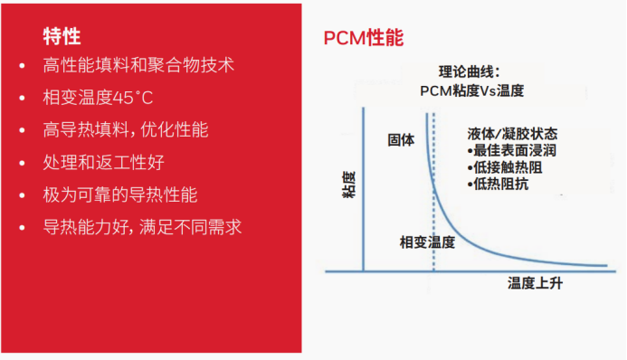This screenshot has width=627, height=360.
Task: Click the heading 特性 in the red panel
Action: pyautogui.click(x=62, y=36)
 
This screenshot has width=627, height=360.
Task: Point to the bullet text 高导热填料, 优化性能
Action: pyautogui.click(x=126, y=130)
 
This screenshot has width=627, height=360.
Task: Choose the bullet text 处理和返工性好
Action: pyautogui.click(x=103, y=163)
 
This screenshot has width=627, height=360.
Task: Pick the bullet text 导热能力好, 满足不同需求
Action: pyautogui.click(x=142, y=228)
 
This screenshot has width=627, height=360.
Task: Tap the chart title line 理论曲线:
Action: pyautogui.click(x=469, y=71)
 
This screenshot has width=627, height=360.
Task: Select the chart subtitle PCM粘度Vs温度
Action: pyautogui.click(x=472, y=90)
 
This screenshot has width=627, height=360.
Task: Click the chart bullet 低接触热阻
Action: pyautogui.click(x=504, y=166)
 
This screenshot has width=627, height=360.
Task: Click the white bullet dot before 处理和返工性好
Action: pyautogui.click(x=22, y=164)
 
